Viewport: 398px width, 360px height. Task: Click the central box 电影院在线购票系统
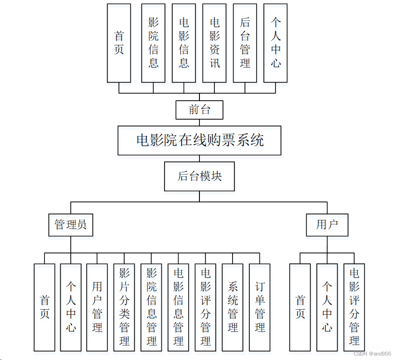[x=199, y=141]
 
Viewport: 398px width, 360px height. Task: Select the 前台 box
[x=199, y=110]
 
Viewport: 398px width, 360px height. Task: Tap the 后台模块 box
[x=199, y=176]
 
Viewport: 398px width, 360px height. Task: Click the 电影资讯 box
[x=214, y=43]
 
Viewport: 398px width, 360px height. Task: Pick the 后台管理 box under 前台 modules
[x=245, y=43]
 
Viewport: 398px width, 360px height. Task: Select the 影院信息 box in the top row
[x=153, y=43]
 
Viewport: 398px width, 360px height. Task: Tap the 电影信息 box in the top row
[x=184, y=43]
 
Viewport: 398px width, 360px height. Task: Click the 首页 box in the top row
[x=119, y=43]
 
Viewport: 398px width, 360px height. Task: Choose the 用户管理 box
[x=97, y=307]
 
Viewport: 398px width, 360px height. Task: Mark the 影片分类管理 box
[x=124, y=307]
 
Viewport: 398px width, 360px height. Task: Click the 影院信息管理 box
[x=151, y=307]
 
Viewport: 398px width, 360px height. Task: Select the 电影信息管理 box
[x=179, y=307]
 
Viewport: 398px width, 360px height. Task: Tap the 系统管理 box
[x=233, y=307]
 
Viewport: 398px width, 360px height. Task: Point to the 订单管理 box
[x=260, y=307]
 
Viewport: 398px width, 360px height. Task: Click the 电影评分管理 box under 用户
[x=354, y=307]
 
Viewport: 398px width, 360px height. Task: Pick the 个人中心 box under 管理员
[x=71, y=307]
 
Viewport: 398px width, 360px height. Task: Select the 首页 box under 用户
[x=300, y=307]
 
